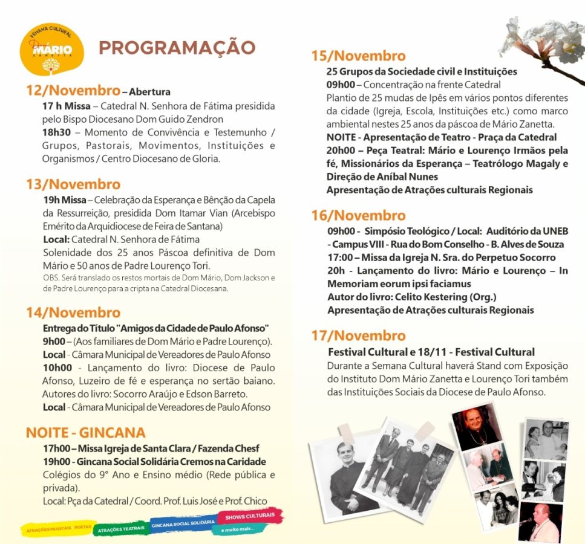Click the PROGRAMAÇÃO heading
(x=177, y=48)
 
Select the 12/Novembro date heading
(x=73, y=91)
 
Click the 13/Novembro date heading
(x=73, y=184)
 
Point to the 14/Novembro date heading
(x=73, y=313)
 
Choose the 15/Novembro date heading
(x=358, y=56)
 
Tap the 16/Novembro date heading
(x=358, y=216)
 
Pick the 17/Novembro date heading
(x=358, y=336)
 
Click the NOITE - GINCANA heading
(x=85, y=433)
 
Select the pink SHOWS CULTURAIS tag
(x=250, y=516)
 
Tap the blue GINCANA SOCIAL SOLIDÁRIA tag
(x=183, y=522)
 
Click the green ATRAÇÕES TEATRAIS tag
(x=121, y=528)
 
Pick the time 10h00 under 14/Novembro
(x=57, y=368)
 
